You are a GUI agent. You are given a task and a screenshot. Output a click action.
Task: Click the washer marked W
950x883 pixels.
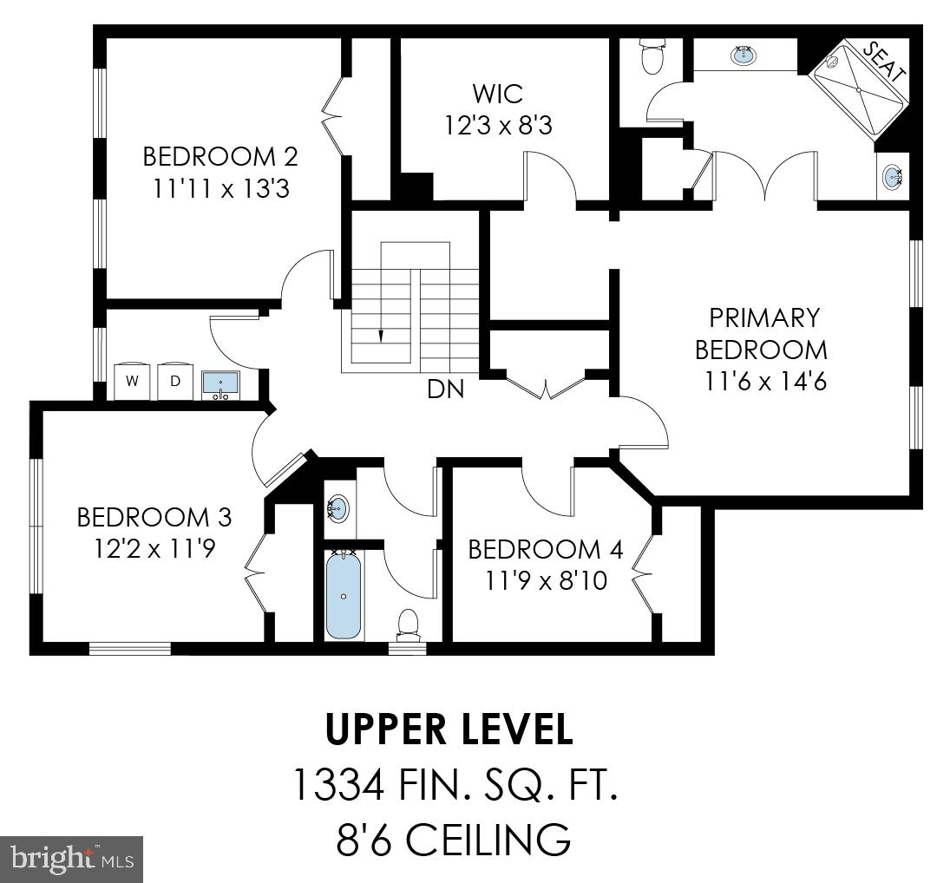(x=133, y=380)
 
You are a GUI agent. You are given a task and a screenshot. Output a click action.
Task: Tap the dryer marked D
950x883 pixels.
(x=174, y=380)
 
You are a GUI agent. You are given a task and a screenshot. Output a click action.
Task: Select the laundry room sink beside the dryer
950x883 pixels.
(x=221, y=383)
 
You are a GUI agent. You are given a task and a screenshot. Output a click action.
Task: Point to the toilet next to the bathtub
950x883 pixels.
(x=407, y=623)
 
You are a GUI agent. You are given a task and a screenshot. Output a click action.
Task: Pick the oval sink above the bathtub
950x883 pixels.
(x=338, y=507)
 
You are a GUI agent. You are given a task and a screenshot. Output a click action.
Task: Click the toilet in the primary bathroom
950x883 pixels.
(x=652, y=57)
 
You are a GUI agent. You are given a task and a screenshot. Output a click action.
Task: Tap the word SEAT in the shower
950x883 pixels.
(x=884, y=62)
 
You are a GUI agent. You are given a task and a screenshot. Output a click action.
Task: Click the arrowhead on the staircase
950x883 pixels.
(x=380, y=335)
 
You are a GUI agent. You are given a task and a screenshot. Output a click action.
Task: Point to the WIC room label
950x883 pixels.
(x=498, y=92)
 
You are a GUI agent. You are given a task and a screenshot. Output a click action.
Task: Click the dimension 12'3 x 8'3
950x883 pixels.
(x=498, y=126)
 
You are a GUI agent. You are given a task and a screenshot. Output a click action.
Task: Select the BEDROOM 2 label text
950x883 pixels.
(x=220, y=157)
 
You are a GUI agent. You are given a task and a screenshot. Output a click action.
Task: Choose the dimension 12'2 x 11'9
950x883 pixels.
(x=154, y=550)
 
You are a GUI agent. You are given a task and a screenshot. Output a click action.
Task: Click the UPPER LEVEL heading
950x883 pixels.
(x=449, y=730)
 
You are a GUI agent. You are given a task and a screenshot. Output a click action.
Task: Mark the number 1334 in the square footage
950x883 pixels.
(x=337, y=786)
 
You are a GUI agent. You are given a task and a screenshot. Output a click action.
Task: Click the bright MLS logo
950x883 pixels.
(x=72, y=860)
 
